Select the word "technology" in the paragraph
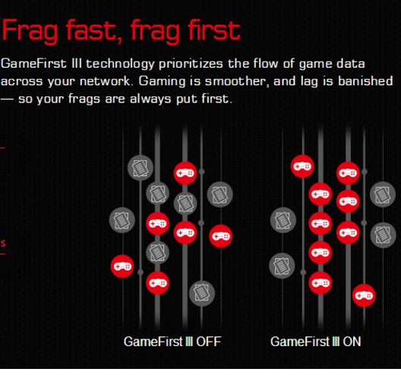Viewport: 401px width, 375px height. (120, 64)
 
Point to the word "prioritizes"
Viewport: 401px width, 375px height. (191, 64)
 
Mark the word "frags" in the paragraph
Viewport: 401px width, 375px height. (84, 99)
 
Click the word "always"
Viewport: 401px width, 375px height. (150, 99)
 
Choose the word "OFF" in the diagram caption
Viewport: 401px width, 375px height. (208, 342)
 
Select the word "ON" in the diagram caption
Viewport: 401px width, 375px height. (352, 342)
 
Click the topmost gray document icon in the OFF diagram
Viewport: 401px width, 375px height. (141, 168)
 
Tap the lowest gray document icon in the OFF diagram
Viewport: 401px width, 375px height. (202, 293)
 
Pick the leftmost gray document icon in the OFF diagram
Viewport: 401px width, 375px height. (122, 220)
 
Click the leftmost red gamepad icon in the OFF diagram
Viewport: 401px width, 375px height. (122, 266)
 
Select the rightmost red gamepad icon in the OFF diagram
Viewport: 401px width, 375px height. (221, 236)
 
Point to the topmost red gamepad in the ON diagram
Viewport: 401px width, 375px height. (302, 166)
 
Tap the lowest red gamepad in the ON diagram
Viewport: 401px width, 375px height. (364, 295)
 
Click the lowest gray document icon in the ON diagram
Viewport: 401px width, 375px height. (282, 266)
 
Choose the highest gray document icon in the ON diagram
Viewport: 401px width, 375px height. (383, 194)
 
